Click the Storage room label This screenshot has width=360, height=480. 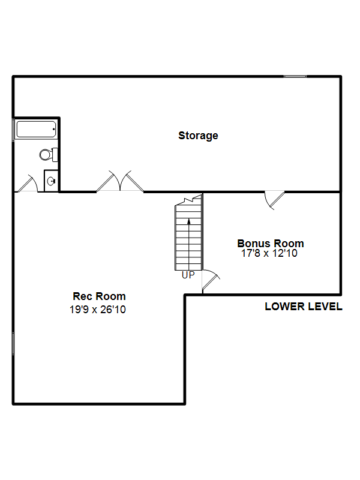(198, 136)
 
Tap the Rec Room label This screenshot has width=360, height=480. (99, 296)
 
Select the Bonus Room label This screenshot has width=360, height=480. (271, 244)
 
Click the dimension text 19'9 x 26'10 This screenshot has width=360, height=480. (98, 310)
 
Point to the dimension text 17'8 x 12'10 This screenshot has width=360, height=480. (269, 253)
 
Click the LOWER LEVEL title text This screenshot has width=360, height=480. (304, 307)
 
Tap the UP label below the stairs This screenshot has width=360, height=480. (188, 275)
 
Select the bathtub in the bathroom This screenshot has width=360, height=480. (36, 129)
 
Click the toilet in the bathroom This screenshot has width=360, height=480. (49, 155)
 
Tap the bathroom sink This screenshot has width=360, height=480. (51, 181)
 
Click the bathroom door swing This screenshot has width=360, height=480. (28, 184)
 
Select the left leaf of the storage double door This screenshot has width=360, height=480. (109, 182)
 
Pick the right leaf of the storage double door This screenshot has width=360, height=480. (131, 182)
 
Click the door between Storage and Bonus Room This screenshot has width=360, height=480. (275, 200)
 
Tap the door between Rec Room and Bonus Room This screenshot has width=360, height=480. (211, 280)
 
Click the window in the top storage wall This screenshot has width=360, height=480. (295, 76)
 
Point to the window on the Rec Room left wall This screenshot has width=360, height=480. (13, 344)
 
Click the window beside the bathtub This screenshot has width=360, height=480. (13, 130)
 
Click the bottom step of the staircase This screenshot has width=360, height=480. (188, 267)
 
